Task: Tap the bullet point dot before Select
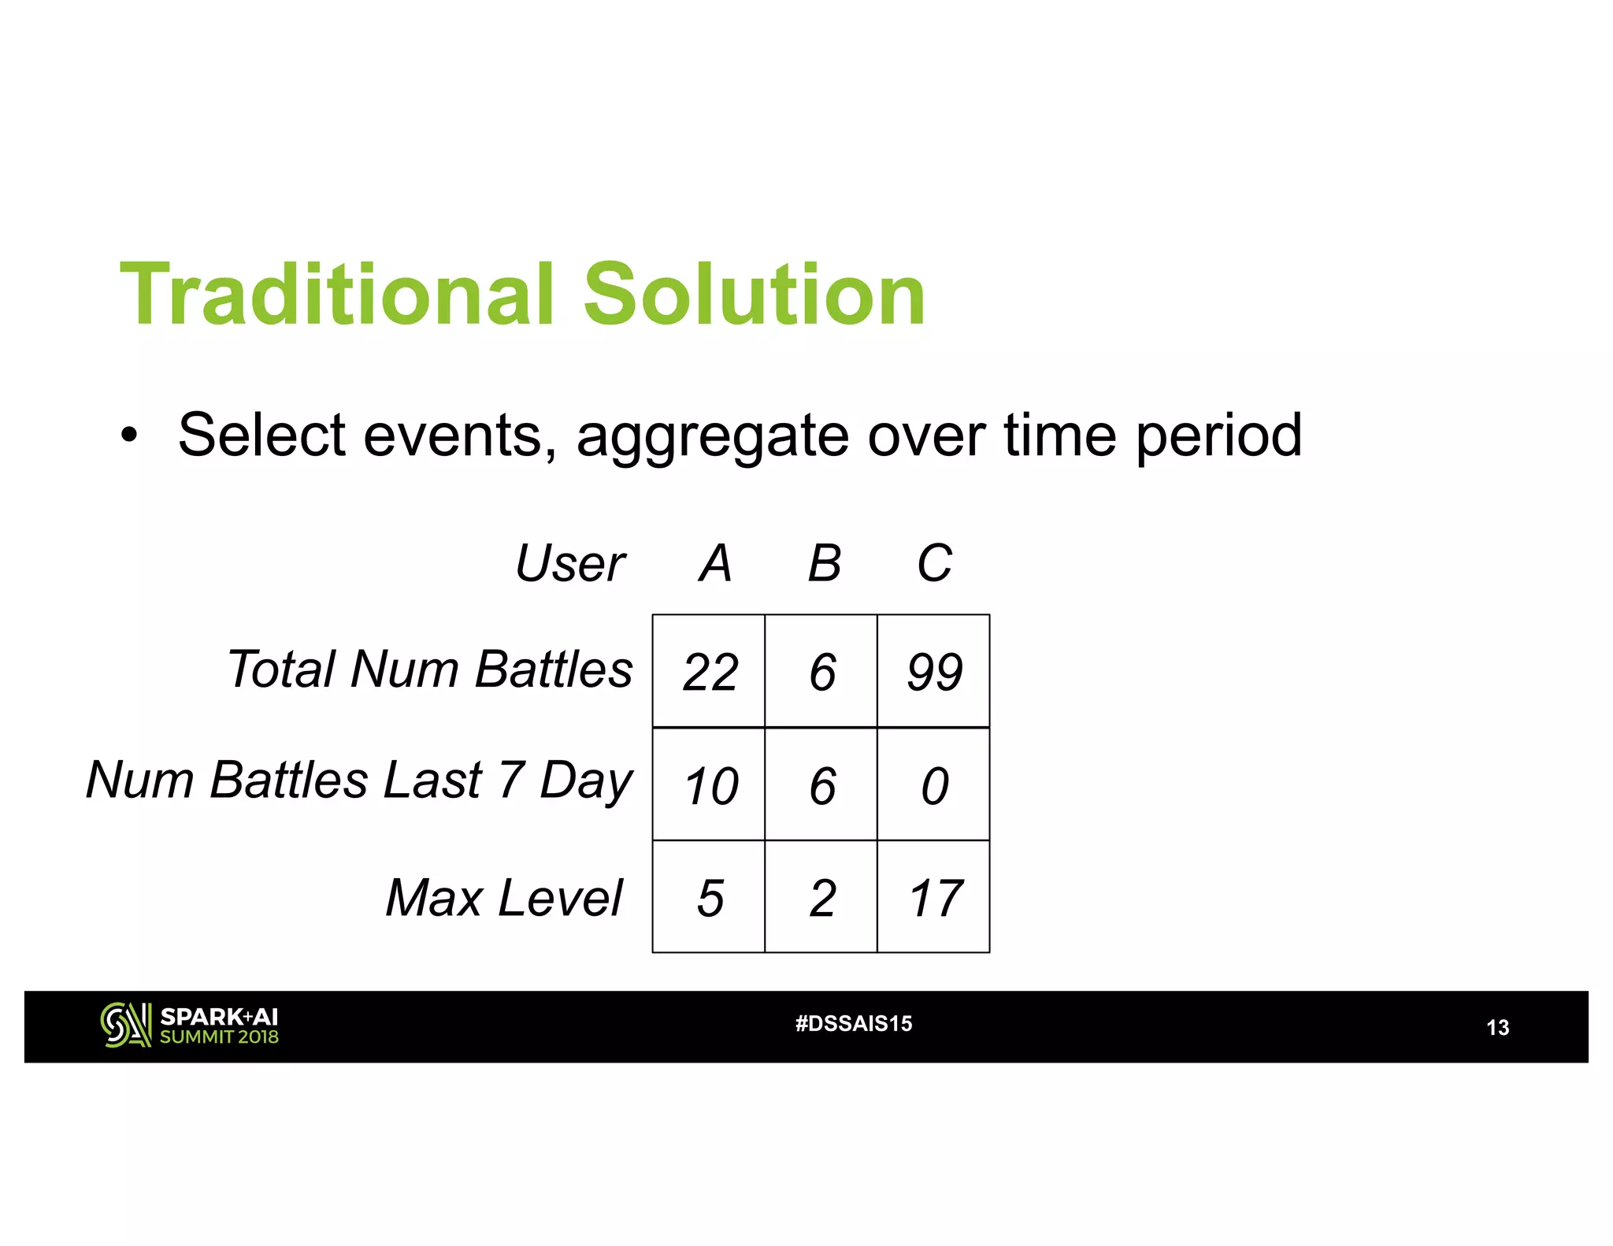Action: coord(129,435)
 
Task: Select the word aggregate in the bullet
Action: coord(713,436)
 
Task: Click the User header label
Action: coord(569,564)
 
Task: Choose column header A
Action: coord(715,564)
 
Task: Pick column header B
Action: coord(825,564)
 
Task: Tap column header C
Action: coord(935,564)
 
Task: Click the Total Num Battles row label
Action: coord(429,669)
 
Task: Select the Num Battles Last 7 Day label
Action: coord(359,781)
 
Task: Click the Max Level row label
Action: coord(504,898)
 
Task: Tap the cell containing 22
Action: coord(710,672)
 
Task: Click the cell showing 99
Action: coord(934,672)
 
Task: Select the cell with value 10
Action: coord(710,785)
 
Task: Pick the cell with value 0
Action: coord(934,785)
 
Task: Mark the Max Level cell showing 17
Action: coord(934,898)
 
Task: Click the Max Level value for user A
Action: coord(710,898)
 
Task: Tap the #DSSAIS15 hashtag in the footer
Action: coord(854,1024)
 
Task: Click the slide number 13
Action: coord(1497,1028)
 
